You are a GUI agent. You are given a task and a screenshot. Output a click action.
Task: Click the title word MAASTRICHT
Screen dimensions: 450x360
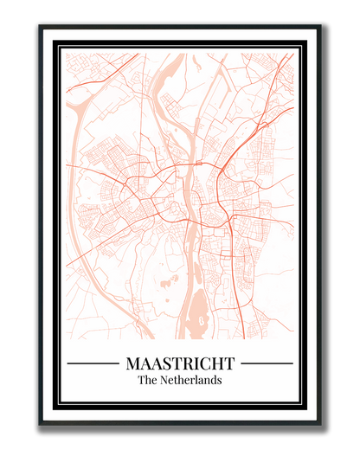(x=180, y=363)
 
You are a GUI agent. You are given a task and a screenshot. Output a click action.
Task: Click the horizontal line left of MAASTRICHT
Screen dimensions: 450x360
(x=93, y=363)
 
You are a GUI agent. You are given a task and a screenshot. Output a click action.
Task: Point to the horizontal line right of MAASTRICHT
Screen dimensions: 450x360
(x=267, y=363)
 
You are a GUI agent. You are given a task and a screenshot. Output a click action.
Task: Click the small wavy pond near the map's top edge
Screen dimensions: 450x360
(x=196, y=62)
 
